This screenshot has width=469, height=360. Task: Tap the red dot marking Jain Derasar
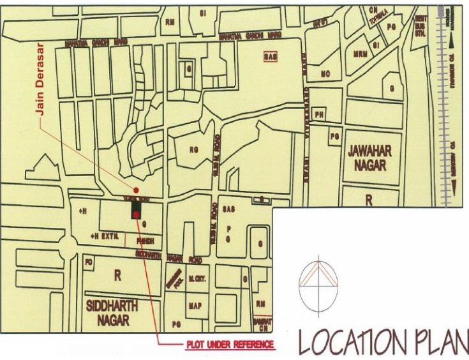point(135,190)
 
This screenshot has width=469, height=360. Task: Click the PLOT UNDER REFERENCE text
point(230,345)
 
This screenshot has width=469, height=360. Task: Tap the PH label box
point(320,116)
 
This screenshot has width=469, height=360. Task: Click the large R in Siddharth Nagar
point(117,276)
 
